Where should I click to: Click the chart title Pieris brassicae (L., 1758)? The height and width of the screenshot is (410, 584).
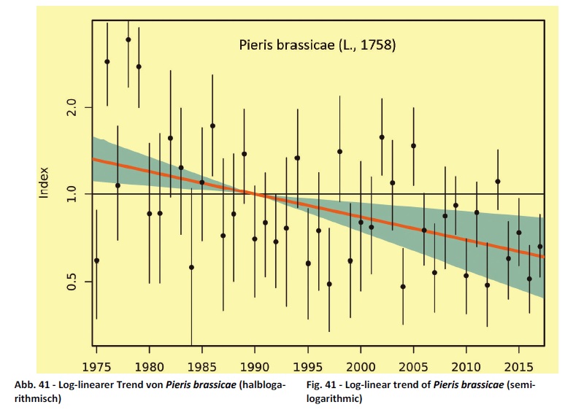pyautogui.click(x=318, y=45)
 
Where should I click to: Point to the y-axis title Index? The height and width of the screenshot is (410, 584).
pyautogui.click(x=44, y=182)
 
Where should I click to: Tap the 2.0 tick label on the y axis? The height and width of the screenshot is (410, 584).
pyautogui.click(x=71, y=107)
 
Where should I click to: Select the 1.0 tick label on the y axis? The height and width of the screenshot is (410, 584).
pyautogui.click(x=71, y=194)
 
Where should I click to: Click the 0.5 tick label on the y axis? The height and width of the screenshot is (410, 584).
pyautogui.click(x=71, y=281)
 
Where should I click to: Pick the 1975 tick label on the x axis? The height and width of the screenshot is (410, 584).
pyautogui.click(x=96, y=365)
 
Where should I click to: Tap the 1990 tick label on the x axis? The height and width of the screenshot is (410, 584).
pyautogui.click(x=255, y=365)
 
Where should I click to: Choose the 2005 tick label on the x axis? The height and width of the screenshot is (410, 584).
pyautogui.click(x=413, y=365)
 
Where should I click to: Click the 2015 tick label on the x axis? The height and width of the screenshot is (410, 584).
pyautogui.click(x=519, y=365)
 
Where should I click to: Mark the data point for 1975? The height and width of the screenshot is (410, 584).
pyautogui.click(x=96, y=260)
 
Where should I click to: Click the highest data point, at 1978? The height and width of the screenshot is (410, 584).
pyautogui.click(x=128, y=39)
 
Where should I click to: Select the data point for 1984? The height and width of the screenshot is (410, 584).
pyautogui.click(x=191, y=267)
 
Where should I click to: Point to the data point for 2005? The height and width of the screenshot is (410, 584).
pyautogui.click(x=413, y=146)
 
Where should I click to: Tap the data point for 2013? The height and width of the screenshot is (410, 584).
pyautogui.click(x=498, y=181)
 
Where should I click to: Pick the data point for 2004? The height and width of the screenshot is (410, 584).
pyautogui.click(x=403, y=287)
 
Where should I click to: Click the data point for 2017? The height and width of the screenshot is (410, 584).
pyautogui.click(x=540, y=246)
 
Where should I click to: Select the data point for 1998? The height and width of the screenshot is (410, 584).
pyautogui.click(x=339, y=151)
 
